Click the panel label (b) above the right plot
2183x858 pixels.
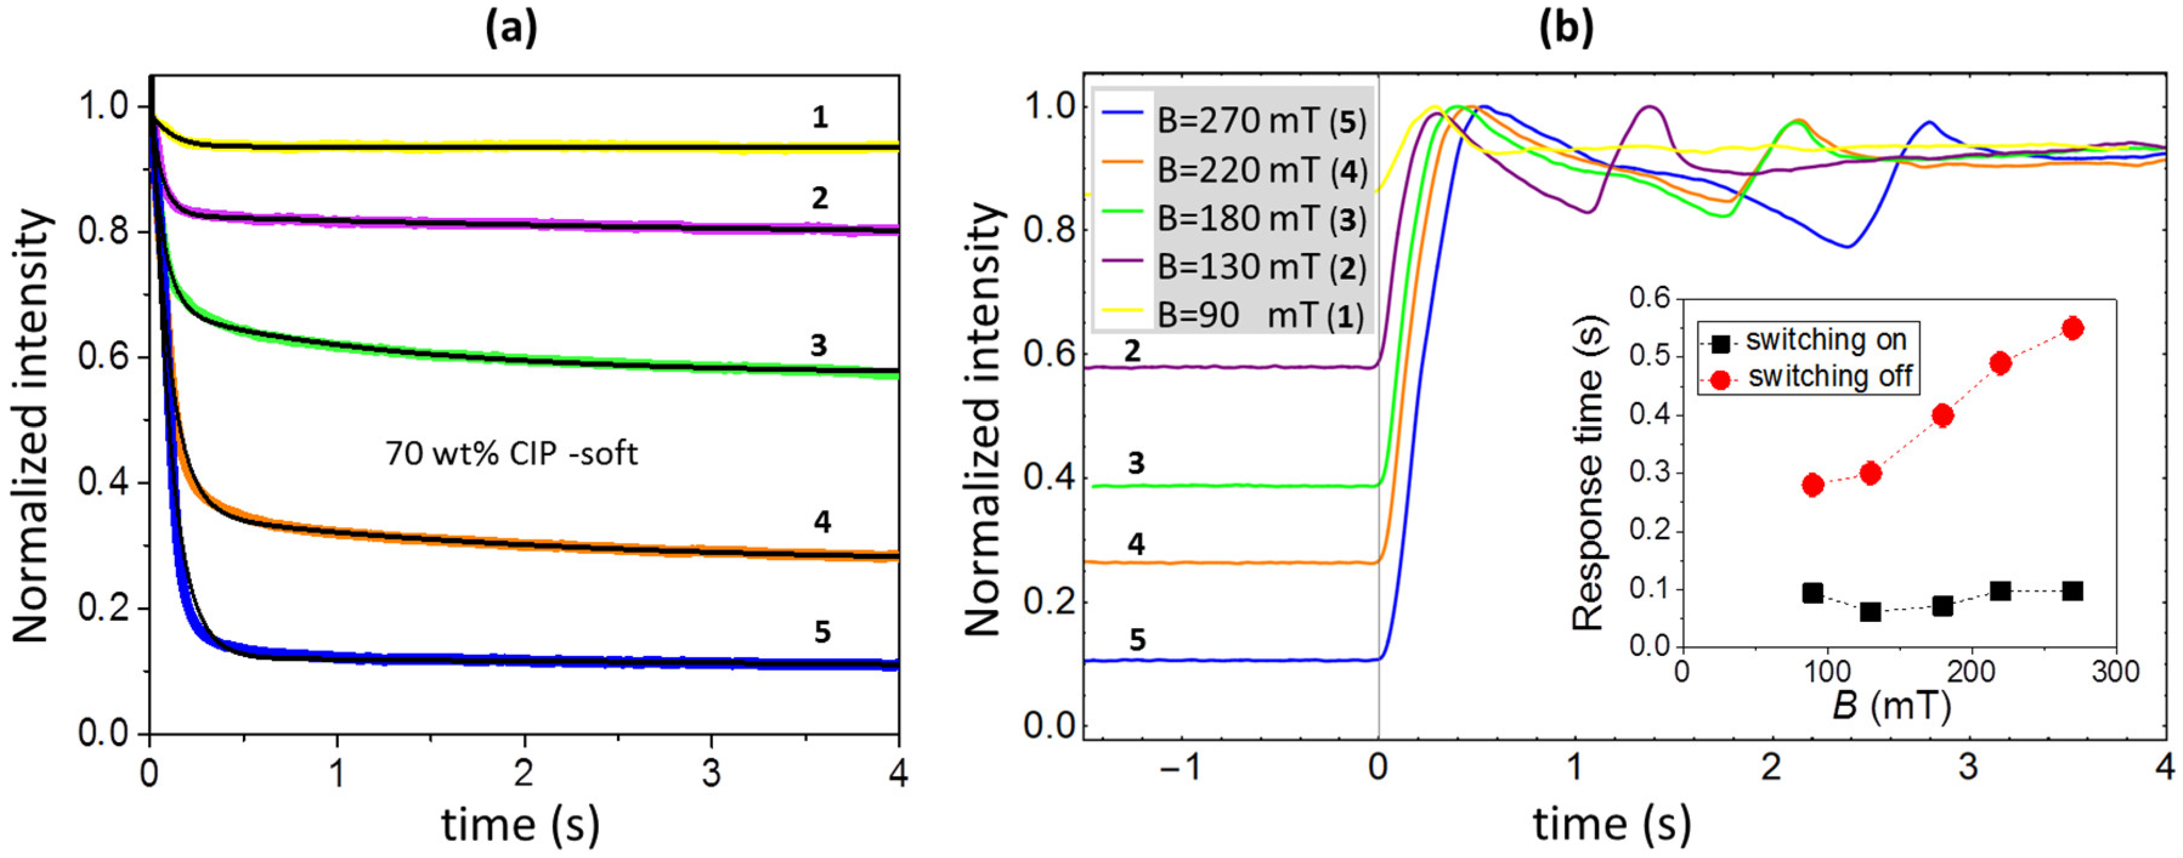(1566, 29)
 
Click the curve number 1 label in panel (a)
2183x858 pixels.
(819, 118)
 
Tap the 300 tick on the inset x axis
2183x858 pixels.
(2115, 672)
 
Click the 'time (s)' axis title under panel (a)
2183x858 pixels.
(521, 824)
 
